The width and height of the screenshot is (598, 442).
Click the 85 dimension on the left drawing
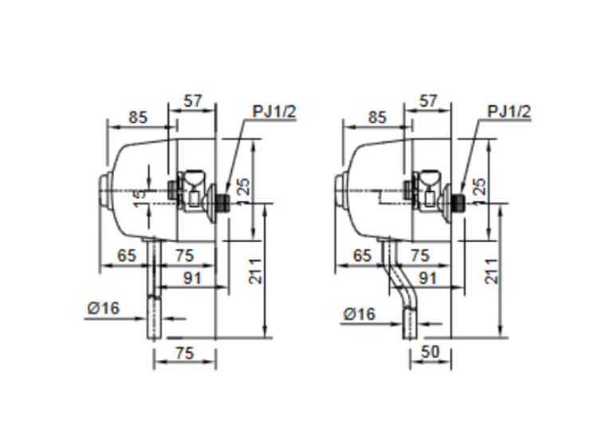pos(137,117)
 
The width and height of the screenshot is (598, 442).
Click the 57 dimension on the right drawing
pos(429,101)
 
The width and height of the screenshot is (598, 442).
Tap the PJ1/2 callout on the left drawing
pos(273,111)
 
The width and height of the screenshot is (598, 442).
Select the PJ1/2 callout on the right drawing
pos(509,111)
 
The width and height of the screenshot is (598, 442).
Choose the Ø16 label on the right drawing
pos(359,314)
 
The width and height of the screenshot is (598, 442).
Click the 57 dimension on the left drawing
pos(193,101)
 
